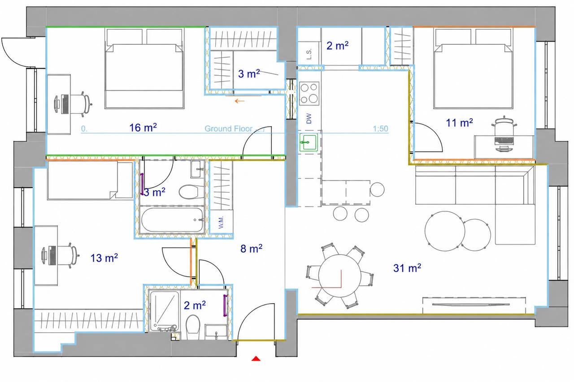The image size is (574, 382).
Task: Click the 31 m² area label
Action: pos(407,268)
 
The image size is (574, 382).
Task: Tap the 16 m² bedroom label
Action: pos(143,128)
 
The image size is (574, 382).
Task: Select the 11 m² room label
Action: pos(459,123)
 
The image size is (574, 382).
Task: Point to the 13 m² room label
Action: pos(104,258)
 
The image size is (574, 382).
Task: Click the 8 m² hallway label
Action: pos(251,249)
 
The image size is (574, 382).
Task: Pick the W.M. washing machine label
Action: pos(222,222)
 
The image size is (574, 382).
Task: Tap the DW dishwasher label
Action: pos(309,119)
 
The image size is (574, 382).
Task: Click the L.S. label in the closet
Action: pos(309,54)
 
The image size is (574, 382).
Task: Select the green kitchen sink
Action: pos(309,142)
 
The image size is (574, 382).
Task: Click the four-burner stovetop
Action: pos(309,94)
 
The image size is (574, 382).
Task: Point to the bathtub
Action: pos(173,220)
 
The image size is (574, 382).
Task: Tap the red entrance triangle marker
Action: pos(256,358)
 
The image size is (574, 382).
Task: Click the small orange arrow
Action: pos(239,101)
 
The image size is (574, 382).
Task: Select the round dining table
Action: pos(340,276)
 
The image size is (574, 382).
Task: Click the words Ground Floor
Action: pos(229,129)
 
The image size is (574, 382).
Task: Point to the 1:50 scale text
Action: pos(381,129)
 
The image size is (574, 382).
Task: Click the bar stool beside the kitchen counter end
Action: pos(377,189)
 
